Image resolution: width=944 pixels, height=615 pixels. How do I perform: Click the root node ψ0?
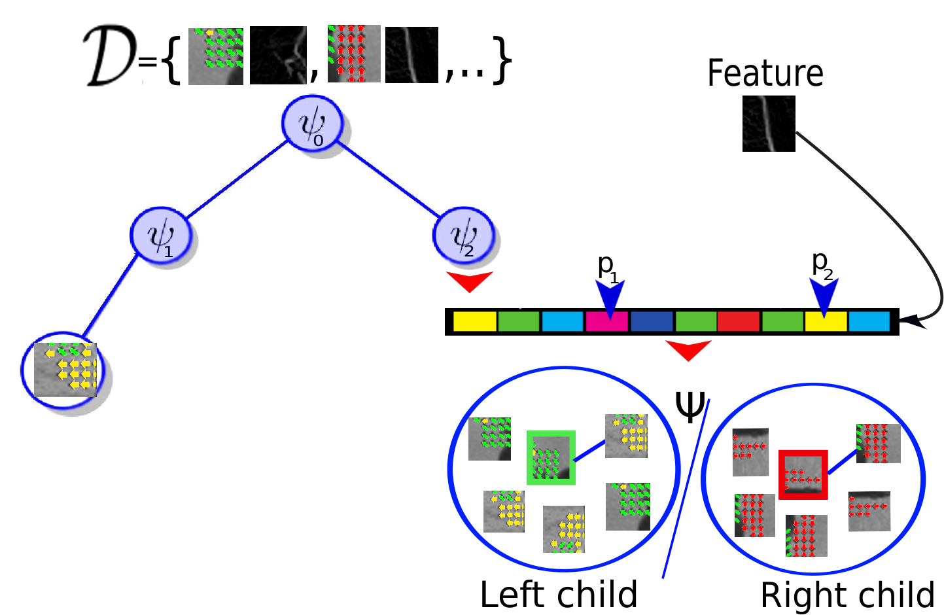coord(312,124)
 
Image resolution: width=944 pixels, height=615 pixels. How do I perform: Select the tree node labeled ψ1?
coord(160,236)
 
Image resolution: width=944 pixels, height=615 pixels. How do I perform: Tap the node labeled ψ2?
coord(463,236)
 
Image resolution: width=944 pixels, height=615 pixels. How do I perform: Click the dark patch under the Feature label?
coord(769,124)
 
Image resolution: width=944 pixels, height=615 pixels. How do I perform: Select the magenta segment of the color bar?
coord(606,322)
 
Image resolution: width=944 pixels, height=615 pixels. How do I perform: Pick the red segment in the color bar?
coord(738,322)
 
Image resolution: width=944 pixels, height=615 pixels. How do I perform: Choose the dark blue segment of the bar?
coord(652,322)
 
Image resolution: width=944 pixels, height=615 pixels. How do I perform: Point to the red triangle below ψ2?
coord(470,281)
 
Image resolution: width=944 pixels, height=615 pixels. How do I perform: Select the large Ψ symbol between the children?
coord(690,406)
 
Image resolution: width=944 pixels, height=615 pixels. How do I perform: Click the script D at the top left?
coord(111,55)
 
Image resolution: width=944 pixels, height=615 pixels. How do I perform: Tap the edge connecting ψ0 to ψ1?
coord(237,179)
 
